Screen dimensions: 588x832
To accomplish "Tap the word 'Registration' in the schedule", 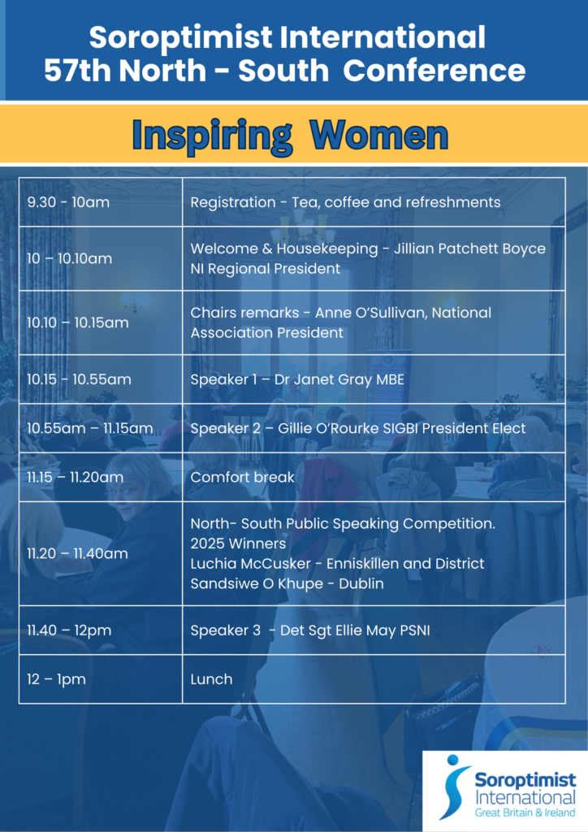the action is (x=233, y=202).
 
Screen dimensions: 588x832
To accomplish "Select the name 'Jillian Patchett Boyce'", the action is (x=469, y=249).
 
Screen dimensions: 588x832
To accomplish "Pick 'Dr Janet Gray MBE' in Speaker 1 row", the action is (x=341, y=379).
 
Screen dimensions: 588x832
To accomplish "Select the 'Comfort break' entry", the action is (x=242, y=477).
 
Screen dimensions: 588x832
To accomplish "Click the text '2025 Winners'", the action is (x=238, y=544).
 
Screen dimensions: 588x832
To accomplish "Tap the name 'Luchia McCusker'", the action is (x=251, y=564).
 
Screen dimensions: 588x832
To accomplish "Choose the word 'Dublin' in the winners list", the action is (x=361, y=583).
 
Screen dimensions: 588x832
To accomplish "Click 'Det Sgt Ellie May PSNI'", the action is (x=355, y=630).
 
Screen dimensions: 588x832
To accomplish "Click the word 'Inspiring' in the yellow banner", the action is (x=212, y=136).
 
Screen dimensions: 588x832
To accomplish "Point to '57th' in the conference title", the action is (x=78, y=71).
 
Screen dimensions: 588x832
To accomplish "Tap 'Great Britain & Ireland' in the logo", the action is (x=525, y=812).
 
